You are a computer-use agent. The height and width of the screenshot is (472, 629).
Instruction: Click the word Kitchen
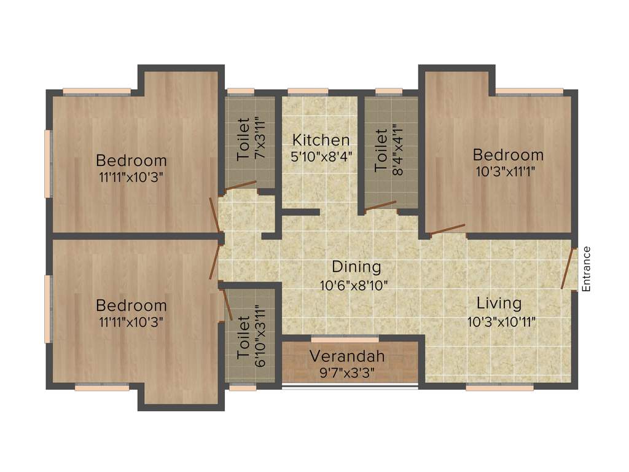tap(321, 140)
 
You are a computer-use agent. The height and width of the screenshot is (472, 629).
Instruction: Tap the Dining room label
tap(356, 267)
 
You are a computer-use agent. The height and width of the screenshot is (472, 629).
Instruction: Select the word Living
tap(499, 303)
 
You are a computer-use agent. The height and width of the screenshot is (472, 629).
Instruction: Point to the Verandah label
tap(347, 356)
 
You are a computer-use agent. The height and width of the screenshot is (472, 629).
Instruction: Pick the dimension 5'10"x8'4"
tap(321, 157)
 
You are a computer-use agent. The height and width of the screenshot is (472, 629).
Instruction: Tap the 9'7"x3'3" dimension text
tap(347, 372)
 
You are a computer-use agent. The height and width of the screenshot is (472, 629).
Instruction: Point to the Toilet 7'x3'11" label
tap(248, 139)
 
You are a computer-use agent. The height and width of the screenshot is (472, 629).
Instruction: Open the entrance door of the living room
tap(568, 268)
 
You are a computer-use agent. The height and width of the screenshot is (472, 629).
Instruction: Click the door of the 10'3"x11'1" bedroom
tap(447, 231)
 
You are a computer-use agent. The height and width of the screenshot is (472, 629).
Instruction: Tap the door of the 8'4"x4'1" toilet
tap(380, 206)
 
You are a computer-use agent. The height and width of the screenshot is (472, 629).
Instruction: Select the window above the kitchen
tap(307, 92)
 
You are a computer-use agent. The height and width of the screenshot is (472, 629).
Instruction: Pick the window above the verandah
tap(345, 339)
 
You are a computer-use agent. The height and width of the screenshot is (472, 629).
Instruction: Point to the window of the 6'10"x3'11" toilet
tap(243, 387)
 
